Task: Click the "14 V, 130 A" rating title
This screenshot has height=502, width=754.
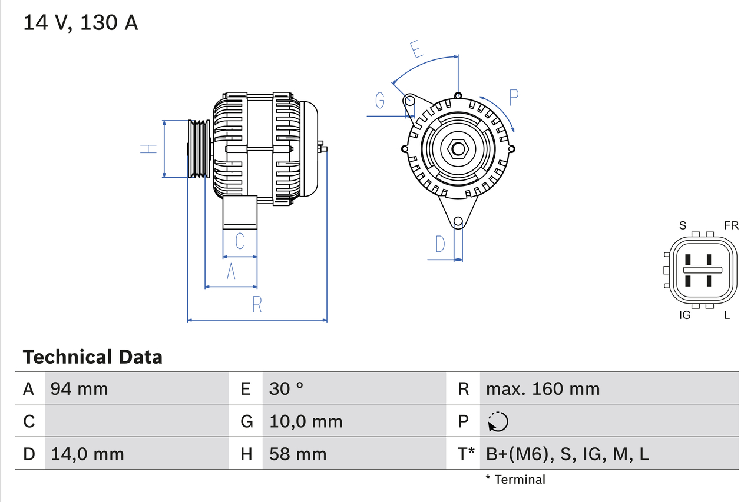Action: point(81,23)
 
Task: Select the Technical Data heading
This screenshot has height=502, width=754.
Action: point(92,357)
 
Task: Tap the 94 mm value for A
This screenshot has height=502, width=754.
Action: point(80,388)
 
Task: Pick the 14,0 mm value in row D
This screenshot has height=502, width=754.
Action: point(87,454)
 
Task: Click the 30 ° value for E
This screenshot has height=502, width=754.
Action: point(286,388)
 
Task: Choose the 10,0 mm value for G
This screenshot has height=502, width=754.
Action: point(306,421)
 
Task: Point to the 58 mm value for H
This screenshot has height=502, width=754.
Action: point(297,454)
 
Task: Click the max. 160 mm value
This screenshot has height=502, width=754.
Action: point(543,388)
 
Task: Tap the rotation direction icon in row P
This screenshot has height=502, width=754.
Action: point(498,421)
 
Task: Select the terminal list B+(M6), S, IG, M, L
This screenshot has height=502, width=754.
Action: point(567,454)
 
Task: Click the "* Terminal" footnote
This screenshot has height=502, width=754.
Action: point(515,480)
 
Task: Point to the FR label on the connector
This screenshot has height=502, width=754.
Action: point(731,225)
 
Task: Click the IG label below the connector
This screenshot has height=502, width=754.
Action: point(684,315)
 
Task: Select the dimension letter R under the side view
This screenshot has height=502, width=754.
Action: point(257,305)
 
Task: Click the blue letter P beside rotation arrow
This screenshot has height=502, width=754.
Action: point(514,98)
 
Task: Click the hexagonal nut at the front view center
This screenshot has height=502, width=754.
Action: point(458,148)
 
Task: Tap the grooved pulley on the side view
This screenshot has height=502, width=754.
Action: point(199,149)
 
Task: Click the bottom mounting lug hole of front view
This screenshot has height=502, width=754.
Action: point(458,221)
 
